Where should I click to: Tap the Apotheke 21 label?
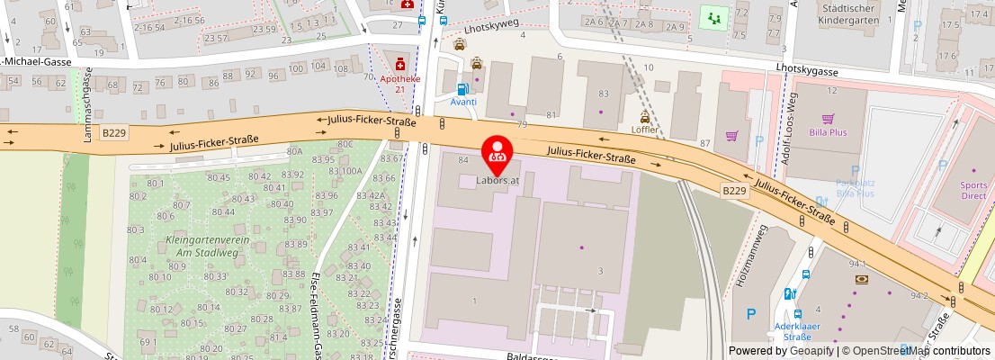coord(399,83)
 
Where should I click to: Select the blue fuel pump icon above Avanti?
coord(462,88)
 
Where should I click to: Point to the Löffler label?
coord(645,130)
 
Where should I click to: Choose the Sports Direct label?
coord(973,189)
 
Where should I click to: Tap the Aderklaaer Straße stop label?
coord(793,331)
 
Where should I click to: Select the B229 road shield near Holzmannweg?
coord(734,190)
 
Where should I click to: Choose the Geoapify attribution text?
coord(779,351)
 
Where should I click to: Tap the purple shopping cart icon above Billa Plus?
coord(828,117)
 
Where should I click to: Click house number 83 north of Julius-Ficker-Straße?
coord(603,94)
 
